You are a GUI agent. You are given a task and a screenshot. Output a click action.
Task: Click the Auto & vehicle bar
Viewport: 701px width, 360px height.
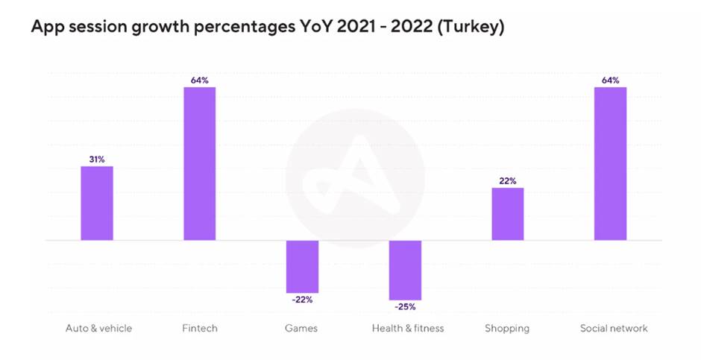(97, 203)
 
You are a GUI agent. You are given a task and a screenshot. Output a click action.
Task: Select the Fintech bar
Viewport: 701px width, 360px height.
(200, 164)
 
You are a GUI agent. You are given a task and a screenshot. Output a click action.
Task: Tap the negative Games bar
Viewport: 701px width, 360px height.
(302, 266)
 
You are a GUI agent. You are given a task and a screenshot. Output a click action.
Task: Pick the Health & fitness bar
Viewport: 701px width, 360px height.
(405, 270)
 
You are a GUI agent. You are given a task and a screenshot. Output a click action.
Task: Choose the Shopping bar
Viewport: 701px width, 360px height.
(508, 214)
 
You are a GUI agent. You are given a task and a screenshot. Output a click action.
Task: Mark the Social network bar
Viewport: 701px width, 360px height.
(610, 164)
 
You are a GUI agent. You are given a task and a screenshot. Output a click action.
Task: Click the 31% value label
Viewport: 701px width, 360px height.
(97, 159)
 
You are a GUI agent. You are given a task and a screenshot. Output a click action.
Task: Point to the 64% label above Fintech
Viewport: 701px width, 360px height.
(200, 80)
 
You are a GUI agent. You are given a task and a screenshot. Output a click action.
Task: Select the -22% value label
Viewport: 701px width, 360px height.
(302, 300)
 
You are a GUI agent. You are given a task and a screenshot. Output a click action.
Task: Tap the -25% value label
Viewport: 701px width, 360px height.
(405, 306)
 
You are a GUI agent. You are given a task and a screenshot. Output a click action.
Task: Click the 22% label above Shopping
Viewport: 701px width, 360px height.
(508, 180)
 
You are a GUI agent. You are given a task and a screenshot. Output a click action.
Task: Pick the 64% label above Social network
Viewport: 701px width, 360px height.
(610, 80)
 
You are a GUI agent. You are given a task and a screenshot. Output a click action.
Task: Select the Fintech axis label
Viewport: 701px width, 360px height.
(200, 328)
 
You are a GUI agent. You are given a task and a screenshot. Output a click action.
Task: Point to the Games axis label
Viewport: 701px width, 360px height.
(302, 328)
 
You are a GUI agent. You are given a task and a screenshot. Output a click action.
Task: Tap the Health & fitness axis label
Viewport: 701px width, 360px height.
(408, 328)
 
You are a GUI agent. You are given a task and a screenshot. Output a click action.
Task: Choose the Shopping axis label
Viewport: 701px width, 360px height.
(507, 328)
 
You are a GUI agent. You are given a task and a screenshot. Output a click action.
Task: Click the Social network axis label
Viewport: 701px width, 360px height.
(614, 328)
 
